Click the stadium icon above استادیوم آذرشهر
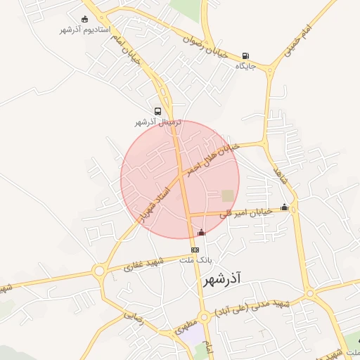coord(85,19)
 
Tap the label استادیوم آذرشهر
coord(85,30)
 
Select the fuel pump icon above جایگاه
coord(245,56)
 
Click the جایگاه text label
coord(244,66)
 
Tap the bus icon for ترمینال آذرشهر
coord(157,111)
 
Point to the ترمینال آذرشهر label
coord(158,122)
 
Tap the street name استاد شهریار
coord(155,203)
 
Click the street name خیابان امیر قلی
coord(246,212)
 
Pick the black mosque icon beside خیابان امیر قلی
coord(284,207)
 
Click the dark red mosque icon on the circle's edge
coord(202,232)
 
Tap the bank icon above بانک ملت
coord(195,250)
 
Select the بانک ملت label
coord(196,260)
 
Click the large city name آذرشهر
coord(221,280)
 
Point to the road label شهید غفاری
coord(143,265)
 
